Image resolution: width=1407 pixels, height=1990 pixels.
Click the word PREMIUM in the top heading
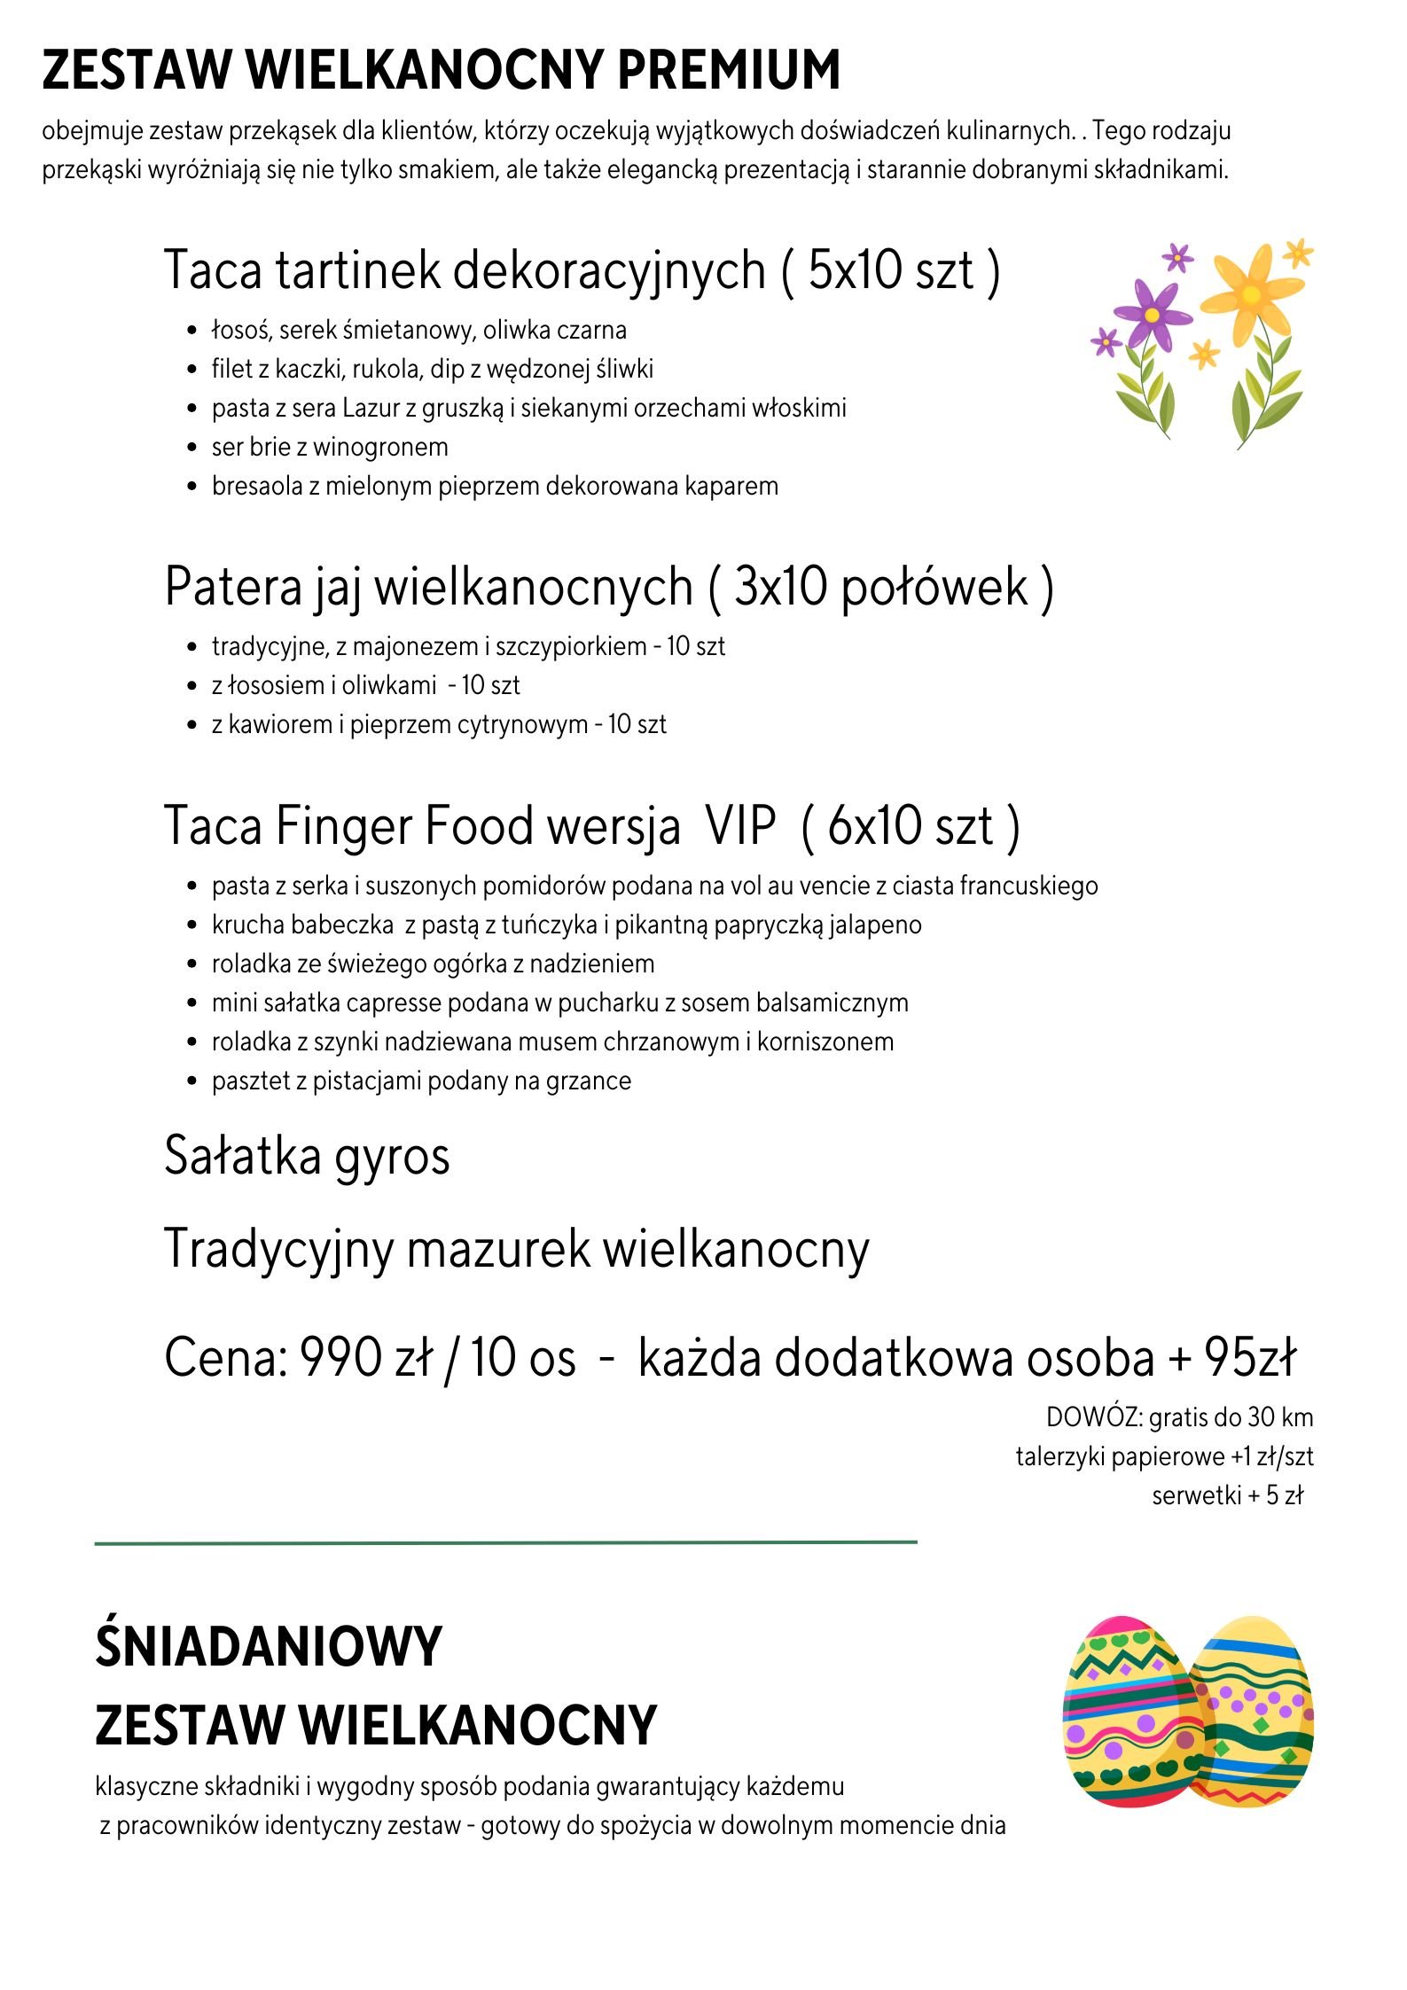(728, 70)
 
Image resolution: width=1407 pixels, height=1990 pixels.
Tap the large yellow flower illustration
(1250, 295)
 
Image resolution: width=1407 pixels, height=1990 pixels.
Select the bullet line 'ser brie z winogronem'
(330, 447)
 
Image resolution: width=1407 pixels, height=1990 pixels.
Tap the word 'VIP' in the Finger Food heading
(740, 826)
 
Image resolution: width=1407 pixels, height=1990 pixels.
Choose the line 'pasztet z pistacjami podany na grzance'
(421, 1081)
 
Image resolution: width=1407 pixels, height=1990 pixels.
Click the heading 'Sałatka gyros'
(307, 1156)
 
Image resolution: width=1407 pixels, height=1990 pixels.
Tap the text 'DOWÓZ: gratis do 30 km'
(1179, 1417)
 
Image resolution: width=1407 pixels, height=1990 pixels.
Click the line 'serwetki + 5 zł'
(1227, 1495)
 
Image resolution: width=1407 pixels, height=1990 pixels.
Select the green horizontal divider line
(505, 1543)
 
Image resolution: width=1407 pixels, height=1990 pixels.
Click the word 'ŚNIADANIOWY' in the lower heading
(268, 1647)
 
